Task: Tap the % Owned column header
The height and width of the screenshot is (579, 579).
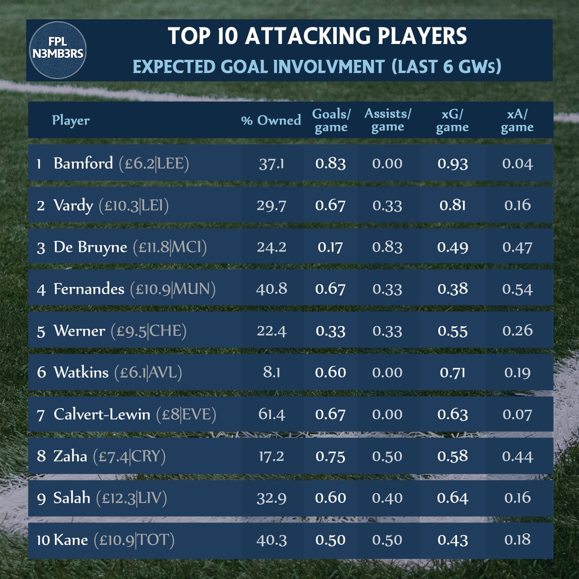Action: tap(271, 120)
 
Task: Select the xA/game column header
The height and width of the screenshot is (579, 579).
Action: tap(517, 120)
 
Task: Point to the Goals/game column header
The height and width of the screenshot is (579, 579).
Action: tap(331, 120)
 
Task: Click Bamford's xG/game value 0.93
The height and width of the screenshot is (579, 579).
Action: tap(453, 164)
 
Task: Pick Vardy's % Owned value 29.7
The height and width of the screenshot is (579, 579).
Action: tap(272, 206)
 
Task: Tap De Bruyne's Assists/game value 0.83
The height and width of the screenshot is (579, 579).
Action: tap(387, 247)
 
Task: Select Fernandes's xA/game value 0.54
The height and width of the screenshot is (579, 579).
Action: tap(517, 289)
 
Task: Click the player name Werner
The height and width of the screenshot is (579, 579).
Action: tap(79, 331)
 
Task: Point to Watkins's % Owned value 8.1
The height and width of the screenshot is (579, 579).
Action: tap(272, 372)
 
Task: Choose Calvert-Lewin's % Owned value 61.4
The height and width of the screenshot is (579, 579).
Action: tap(272, 414)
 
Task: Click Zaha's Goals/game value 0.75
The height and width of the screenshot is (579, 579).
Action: tap(331, 456)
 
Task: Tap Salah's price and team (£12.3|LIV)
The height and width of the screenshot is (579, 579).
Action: tap(131, 498)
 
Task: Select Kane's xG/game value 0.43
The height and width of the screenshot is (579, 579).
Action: tap(453, 539)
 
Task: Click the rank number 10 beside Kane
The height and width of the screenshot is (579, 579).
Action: tap(43, 540)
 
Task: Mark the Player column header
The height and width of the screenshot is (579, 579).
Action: tap(71, 120)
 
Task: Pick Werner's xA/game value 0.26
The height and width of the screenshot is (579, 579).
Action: tap(517, 331)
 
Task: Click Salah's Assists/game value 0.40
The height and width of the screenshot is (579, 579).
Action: tap(387, 498)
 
